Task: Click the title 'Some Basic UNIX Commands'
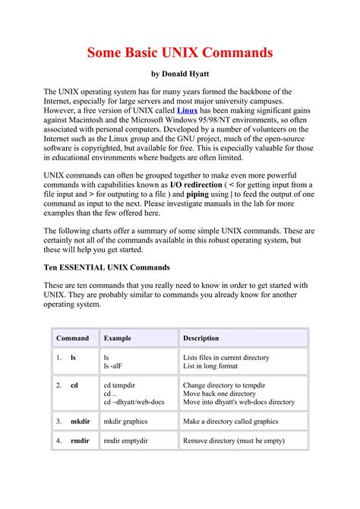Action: pos(179,53)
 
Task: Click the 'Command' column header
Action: pos(72,338)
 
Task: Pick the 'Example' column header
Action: pos(118,338)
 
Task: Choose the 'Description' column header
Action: pos(201,338)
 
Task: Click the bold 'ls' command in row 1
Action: pos(74,356)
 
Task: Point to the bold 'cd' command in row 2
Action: pos(74,385)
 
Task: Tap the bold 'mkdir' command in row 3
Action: pos(80,420)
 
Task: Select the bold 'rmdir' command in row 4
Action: pos(80,440)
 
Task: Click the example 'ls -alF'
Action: pos(113,366)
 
